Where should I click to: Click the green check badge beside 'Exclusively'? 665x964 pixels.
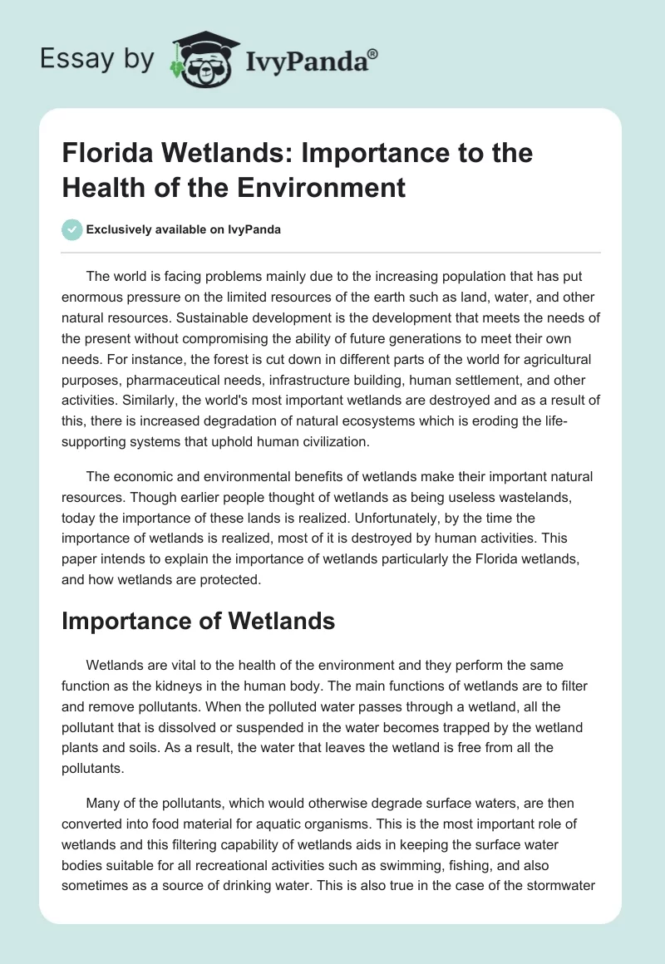click(72, 229)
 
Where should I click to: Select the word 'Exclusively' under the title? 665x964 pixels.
click(124, 229)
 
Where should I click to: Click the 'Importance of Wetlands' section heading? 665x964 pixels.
click(198, 621)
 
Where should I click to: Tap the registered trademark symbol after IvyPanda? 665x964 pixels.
click(373, 53)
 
